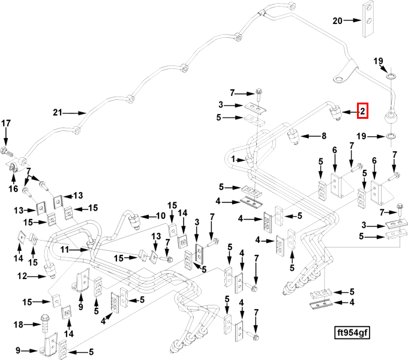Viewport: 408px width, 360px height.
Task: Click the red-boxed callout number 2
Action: [x=363, y=111]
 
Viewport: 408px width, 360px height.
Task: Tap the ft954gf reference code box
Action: [x=352, y=332]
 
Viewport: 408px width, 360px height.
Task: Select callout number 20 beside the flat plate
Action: [x=337, y=20]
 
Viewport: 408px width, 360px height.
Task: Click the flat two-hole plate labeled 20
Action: [x=368, y=19]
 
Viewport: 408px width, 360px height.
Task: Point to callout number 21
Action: [x=58, y=113]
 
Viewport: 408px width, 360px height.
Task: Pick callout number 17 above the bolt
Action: [x=6, y=123]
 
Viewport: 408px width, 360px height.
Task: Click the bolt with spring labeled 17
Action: [x=7, y=152]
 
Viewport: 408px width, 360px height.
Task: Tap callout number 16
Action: [x=13, y=188]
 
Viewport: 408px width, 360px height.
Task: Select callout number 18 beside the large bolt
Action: [x=18, y=325]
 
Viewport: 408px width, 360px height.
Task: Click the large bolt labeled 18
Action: [x=45, y=323]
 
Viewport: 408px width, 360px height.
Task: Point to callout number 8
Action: [x=323, y=136]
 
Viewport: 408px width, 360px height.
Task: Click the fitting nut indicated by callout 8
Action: [x=293, y=137]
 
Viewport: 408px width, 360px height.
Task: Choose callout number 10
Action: [x=161, y=215]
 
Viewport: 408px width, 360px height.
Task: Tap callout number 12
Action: [x=22, y=276]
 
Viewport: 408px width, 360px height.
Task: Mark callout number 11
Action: [x=65, y=250]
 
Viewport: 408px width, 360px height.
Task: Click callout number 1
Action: [x=233, y=159]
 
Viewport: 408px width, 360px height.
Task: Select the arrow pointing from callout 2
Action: [x=350, y=112]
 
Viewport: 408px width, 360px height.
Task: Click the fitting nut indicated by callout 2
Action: [x=336, y=113]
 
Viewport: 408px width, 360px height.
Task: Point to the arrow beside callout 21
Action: [x=74, y=113]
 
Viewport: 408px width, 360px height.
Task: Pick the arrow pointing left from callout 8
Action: [x=311, y=136]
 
